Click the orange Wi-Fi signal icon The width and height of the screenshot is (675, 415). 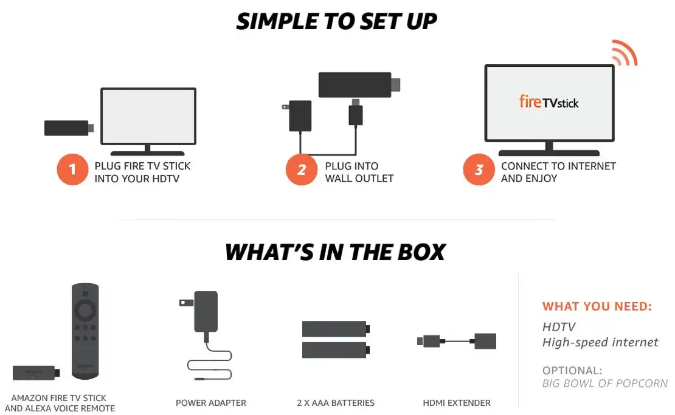623,53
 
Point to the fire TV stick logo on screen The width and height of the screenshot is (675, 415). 549,101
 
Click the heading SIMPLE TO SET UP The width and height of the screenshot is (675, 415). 336,21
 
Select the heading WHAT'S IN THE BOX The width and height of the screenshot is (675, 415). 335,252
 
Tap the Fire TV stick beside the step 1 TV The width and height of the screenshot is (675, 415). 67,128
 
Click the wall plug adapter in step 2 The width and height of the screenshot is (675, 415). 299,115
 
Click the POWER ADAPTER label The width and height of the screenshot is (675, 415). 211,403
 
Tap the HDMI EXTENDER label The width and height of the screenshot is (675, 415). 457,403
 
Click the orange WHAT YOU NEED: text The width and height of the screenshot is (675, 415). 597,307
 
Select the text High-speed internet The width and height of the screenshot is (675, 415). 600,343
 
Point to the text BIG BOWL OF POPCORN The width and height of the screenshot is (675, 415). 604,383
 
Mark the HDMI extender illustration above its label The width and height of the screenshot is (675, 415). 457,341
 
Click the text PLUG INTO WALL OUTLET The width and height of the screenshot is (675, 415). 359,172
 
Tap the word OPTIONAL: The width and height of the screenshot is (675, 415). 572,370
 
